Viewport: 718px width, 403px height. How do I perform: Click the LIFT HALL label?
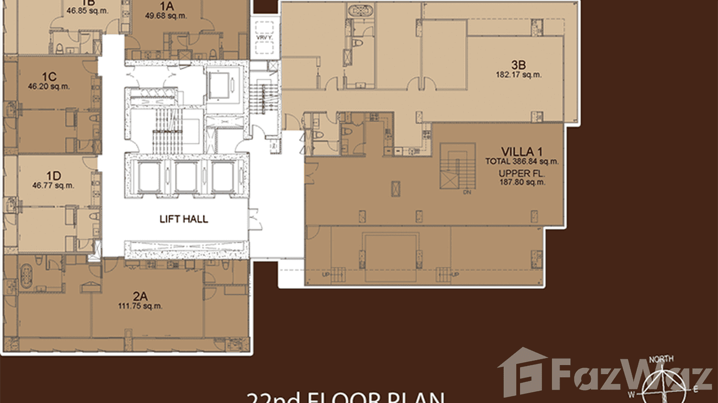click(184, 219)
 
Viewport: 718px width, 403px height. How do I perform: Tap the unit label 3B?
click(518, 65)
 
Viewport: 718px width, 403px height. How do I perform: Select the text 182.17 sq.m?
click(518, 75)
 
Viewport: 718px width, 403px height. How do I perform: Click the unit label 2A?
click(140, 296)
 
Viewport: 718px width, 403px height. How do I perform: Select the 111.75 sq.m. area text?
click(140, 306)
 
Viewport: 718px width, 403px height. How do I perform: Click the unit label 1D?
click(53, 175)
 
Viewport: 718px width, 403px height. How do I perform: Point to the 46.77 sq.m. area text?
click(53, 185)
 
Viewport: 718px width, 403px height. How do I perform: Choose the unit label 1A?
click(166, 6)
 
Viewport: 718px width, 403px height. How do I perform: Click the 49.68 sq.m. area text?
click(166, 15)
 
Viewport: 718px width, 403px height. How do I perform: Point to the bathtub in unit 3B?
click(355, 11)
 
